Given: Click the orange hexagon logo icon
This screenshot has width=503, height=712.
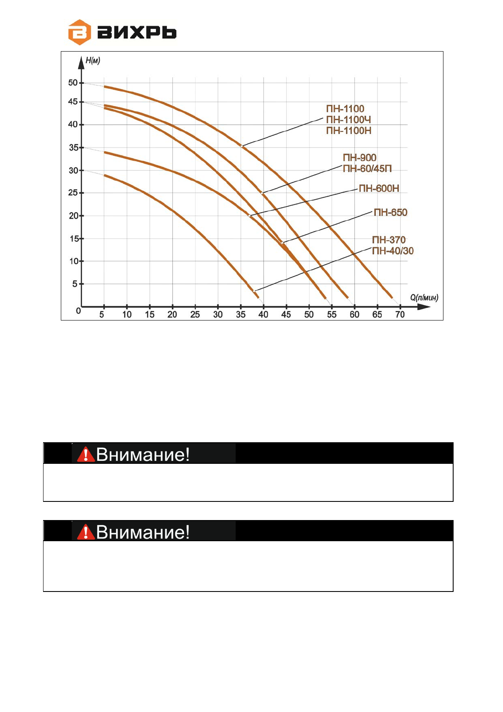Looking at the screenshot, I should click(79, 32).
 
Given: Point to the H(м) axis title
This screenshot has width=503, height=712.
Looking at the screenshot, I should click(93, 61).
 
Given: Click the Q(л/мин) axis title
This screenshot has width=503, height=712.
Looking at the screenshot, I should click(424, 298).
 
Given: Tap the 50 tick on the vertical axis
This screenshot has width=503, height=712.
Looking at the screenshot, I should click(73, 83).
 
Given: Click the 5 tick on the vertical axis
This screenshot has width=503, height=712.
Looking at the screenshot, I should click(75, 284).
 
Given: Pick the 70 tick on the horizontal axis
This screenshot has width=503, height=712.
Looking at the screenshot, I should click(400, 315).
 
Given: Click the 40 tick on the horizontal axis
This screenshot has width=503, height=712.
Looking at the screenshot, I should click(263, 315).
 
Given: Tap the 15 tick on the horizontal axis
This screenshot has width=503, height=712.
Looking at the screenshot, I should click(150, 315).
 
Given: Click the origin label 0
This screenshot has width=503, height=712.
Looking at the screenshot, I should click(79, 311).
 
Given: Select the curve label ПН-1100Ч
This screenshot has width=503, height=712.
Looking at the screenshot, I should click(348, 120).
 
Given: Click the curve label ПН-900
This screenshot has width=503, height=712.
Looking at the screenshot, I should click(359, 158).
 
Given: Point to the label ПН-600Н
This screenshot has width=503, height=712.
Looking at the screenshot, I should click(379, 189).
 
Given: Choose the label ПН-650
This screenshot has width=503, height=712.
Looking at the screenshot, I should click(390, 212).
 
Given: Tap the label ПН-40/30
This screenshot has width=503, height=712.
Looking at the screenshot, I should click(392, 251).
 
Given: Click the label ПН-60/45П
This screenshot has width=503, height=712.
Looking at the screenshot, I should click(367, 169).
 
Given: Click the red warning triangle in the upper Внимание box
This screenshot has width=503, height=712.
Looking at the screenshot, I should click(86, 454).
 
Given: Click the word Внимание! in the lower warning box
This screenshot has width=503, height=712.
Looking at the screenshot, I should click(143, 532).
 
